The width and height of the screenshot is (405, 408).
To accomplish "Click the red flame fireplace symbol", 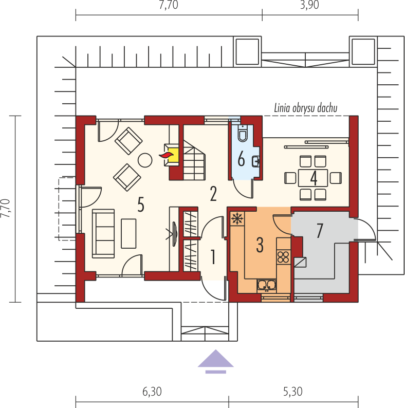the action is (167, 155).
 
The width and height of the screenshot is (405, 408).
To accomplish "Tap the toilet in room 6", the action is (243, 133).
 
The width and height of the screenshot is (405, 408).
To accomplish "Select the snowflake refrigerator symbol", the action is (237, 218).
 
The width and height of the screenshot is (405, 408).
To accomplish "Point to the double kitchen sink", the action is (266, 285).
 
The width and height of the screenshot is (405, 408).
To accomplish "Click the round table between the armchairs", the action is (145, 160).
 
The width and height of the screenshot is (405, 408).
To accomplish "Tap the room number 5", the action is (140, 205).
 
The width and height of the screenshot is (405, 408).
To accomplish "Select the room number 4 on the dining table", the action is (314, 178).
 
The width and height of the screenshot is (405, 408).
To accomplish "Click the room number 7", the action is (320, 231).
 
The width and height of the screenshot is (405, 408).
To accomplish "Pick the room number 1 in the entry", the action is (213, 257).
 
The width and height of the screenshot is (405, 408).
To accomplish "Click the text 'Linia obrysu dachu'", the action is (306, 108).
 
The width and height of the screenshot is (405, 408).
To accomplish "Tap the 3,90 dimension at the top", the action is (309, 5).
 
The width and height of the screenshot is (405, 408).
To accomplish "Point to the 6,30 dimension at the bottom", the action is (152, 392).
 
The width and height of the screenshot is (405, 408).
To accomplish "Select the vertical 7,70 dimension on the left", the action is (6, 208).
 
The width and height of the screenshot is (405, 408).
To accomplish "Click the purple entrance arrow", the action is (215, 361).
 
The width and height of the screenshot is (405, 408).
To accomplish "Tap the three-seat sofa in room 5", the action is (103, 233).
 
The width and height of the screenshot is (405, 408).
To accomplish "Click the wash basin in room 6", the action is (255, 161).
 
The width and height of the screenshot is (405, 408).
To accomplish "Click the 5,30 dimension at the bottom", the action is (293, 392).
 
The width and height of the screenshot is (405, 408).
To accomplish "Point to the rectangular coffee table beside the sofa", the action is (128, 233).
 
